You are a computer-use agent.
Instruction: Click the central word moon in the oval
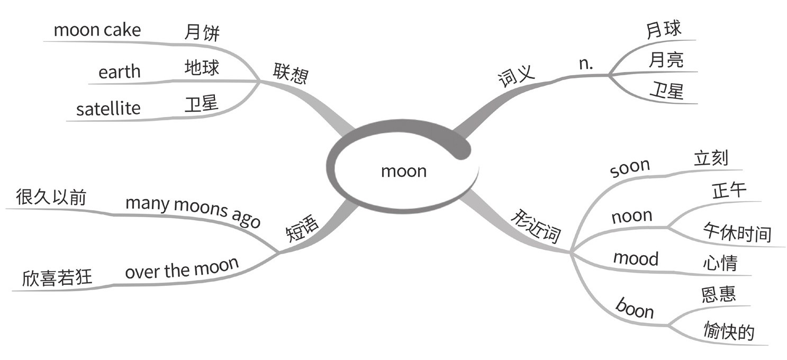click(x=403, y=171)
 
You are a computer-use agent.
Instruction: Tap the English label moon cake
click(x=97, y=30)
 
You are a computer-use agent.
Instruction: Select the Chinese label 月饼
click(x=202, y=33)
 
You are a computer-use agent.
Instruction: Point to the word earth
click(x=120, y=71)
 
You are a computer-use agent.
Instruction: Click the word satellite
click(x=108, y=109)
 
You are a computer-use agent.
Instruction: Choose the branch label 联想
click(x=290, y=74)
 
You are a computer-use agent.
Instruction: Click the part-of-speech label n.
click(x=585, y=63)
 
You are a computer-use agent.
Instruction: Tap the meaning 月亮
click(x=666, y=60)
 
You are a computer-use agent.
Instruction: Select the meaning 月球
click(x=664, y=30)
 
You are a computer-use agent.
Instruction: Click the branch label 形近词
click(x=536, y=225)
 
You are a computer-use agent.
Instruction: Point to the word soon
click(x=629, y=168)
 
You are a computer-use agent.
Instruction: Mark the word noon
click(x=631, y=216)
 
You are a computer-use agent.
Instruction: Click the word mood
click(x=636, y=258)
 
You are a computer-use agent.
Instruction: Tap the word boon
click(x=635, y=308)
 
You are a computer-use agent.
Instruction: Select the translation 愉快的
click(x=729, y=331)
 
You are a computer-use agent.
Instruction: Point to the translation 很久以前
click(x=51, y=196)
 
